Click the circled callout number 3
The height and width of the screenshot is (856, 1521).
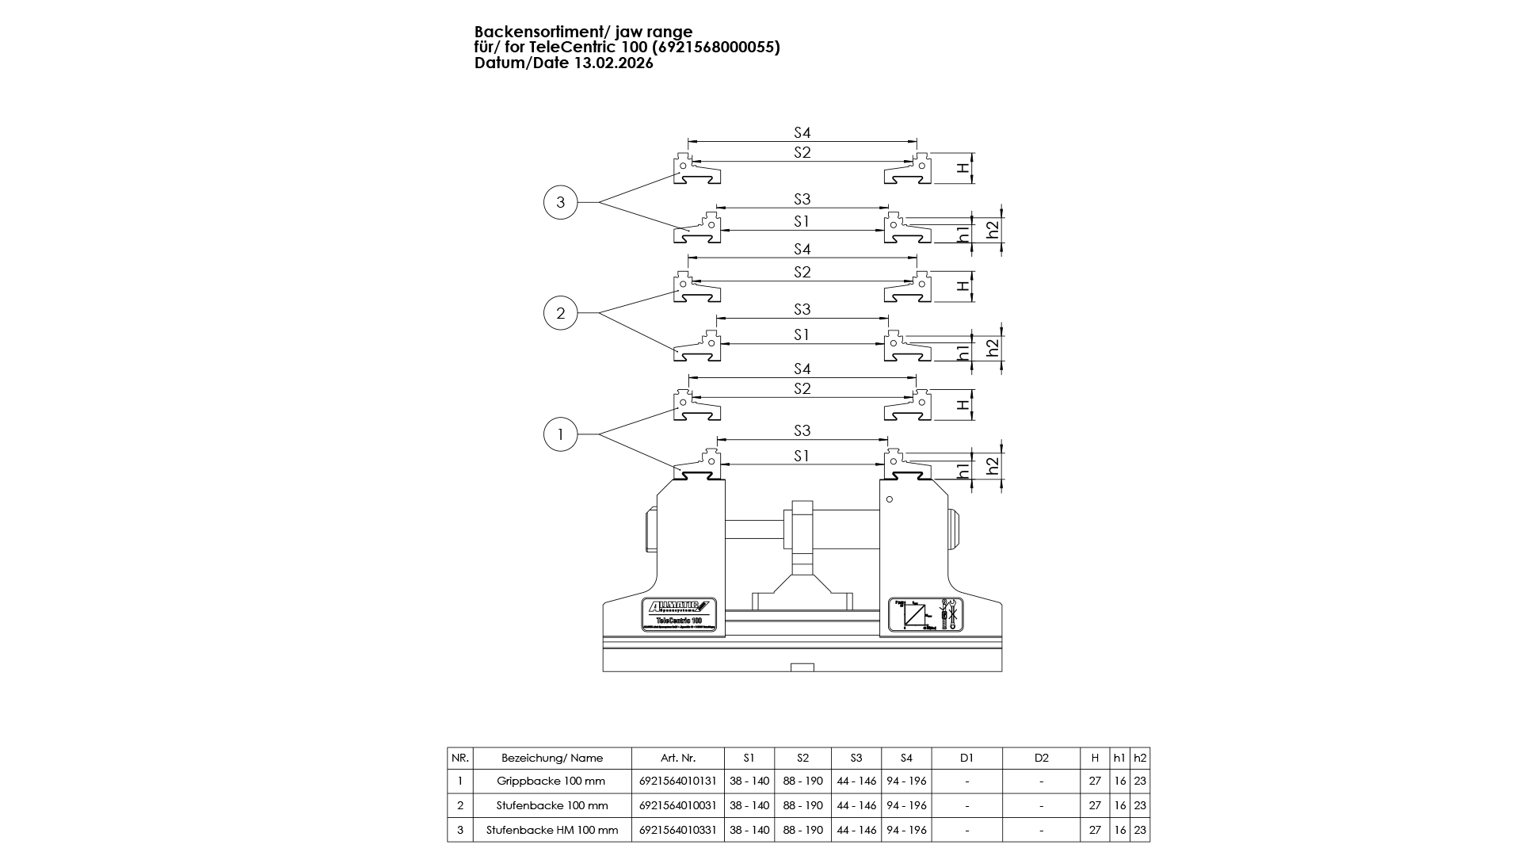(x=561, y=202)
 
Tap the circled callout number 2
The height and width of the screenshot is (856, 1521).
(x=561, y=313)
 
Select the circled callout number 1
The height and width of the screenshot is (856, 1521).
(x=561, y=434)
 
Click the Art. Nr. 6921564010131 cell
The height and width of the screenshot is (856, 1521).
(x=677, y=781)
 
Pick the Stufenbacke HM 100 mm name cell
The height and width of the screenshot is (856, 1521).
(x=552, y=830)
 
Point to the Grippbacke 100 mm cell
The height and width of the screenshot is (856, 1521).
(x=551, y=781)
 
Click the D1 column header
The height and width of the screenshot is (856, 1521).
(x=966, y=758)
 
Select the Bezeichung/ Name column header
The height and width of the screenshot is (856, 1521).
(x=552, y=758)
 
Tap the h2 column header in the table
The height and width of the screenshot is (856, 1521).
(x=1140, y=758)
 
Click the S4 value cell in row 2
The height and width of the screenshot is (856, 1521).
(x=906, y=805)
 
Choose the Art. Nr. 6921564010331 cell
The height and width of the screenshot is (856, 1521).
(x=677, y=830)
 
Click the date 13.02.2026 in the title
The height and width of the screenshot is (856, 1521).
(x=614, y=63)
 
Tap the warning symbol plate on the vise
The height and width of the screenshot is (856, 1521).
(x=926, y=615)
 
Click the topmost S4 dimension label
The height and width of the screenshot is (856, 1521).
(x=802, y=133)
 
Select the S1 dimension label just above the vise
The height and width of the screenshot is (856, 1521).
(x=802, y=456)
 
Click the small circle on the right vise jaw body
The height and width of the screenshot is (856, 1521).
(x=890, y=499)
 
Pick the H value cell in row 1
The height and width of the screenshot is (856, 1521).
(x=1095, y=781)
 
